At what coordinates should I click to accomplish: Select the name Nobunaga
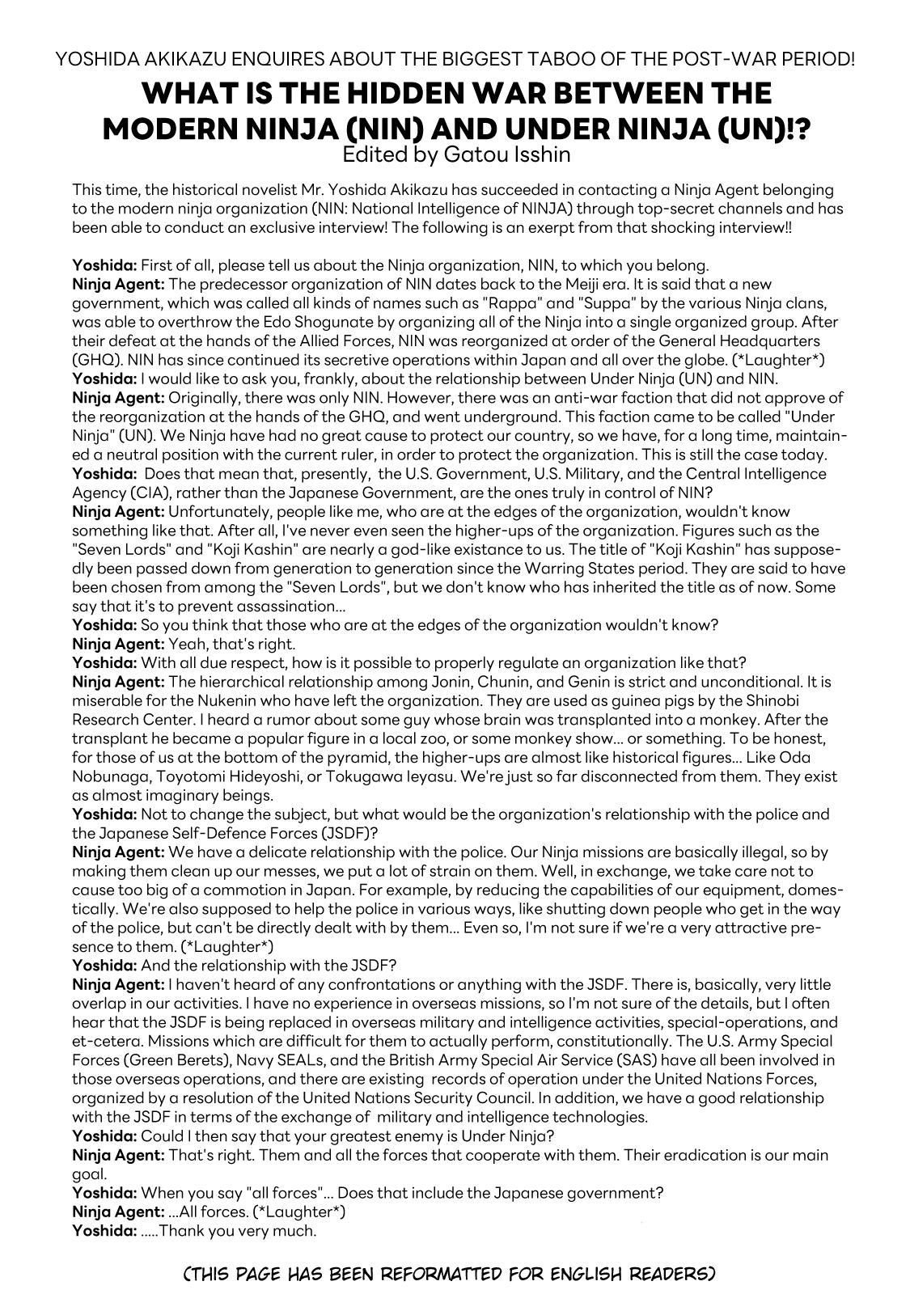click(x=106, y=776)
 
